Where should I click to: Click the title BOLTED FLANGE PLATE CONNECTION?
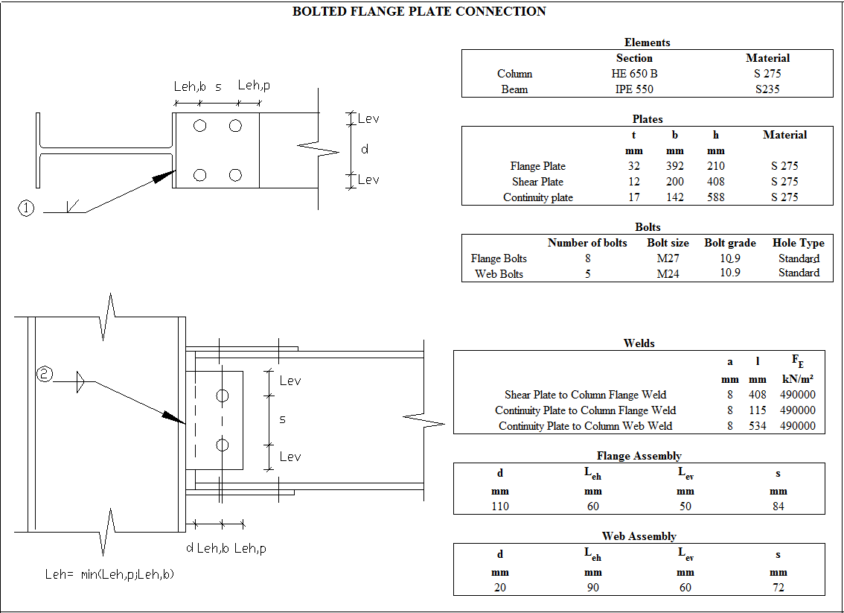[419, 11]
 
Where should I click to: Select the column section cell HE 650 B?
[630, 74]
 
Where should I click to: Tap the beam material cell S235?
[767, 89]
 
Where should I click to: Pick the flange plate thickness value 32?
[633, 166]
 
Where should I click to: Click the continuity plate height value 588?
[715, 197]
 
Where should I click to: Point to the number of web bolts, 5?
[587, 274]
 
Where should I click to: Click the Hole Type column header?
[798, 243]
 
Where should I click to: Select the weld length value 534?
[757, 426]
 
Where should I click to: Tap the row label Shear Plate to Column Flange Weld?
[585, 395]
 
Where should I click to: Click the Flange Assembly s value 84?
[778, 506]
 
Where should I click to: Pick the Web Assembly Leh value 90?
[592, 588]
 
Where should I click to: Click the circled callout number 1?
[26, 209]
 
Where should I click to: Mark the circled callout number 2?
[45, 375]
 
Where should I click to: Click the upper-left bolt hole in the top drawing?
[199, 126]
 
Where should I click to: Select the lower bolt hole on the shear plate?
[222, 445]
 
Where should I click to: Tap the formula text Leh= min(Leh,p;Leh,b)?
[109, 574]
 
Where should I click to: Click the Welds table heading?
[639, 343]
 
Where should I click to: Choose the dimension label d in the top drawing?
[364, 150]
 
